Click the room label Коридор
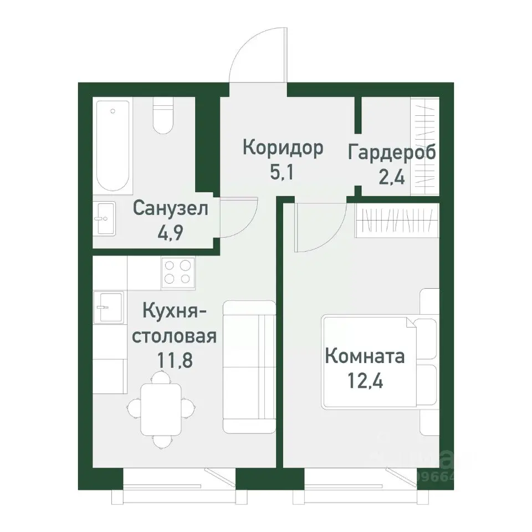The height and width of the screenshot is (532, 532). (x=283, y=149)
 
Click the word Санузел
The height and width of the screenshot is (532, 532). (x=171, y=209)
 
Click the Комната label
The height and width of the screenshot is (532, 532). (x=364, y=356)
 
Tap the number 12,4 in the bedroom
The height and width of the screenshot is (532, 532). (x=364, y=381)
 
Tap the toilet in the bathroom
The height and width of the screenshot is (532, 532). (x=163, y=117)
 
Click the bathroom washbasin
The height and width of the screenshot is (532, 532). (x=104, y=218)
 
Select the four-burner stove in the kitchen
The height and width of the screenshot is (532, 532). (x=177, y=273)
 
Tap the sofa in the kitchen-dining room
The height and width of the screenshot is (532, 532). (x=249, y=367)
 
